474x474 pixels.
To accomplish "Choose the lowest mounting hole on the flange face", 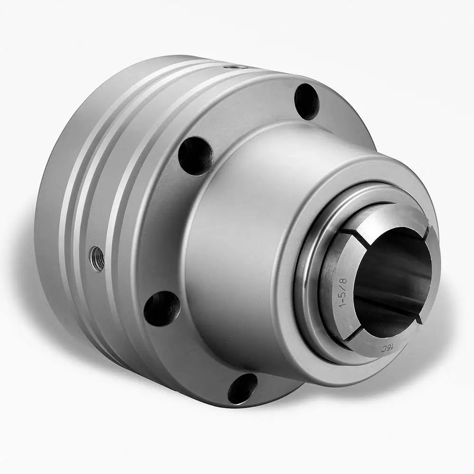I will (x=242, y=388).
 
